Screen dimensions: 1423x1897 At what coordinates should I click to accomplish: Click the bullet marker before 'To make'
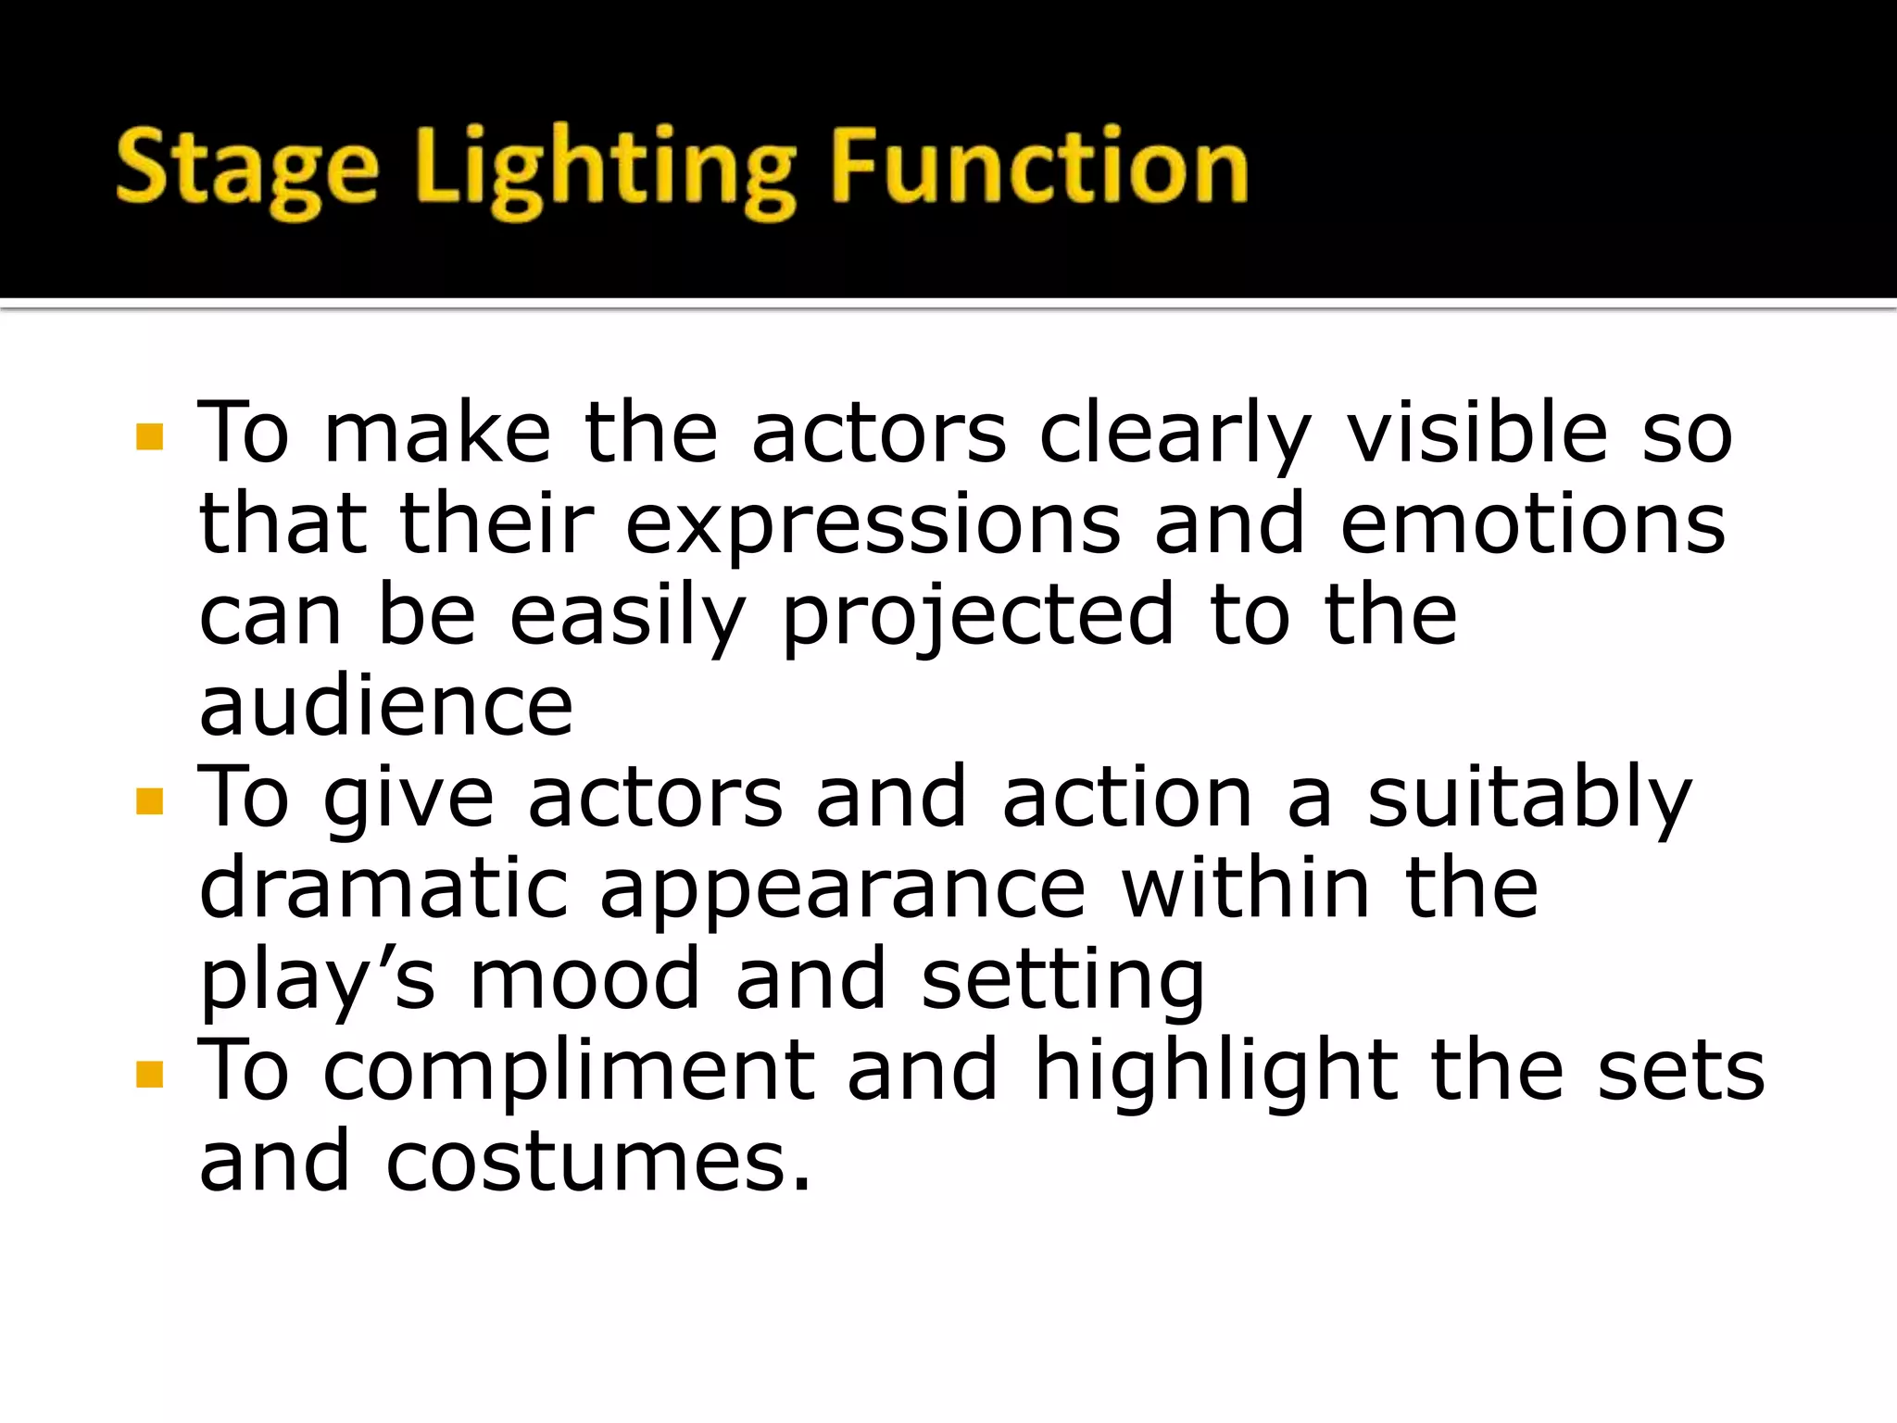coord(148,436)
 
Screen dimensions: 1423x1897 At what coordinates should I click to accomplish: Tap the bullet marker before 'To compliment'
coord(148,1074)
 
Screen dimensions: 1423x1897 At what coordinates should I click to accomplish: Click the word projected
coord(978,617)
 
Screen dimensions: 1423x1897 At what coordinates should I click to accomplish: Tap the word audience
coord(386,706)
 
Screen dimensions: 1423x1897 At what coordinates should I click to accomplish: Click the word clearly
coord(1175,435)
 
